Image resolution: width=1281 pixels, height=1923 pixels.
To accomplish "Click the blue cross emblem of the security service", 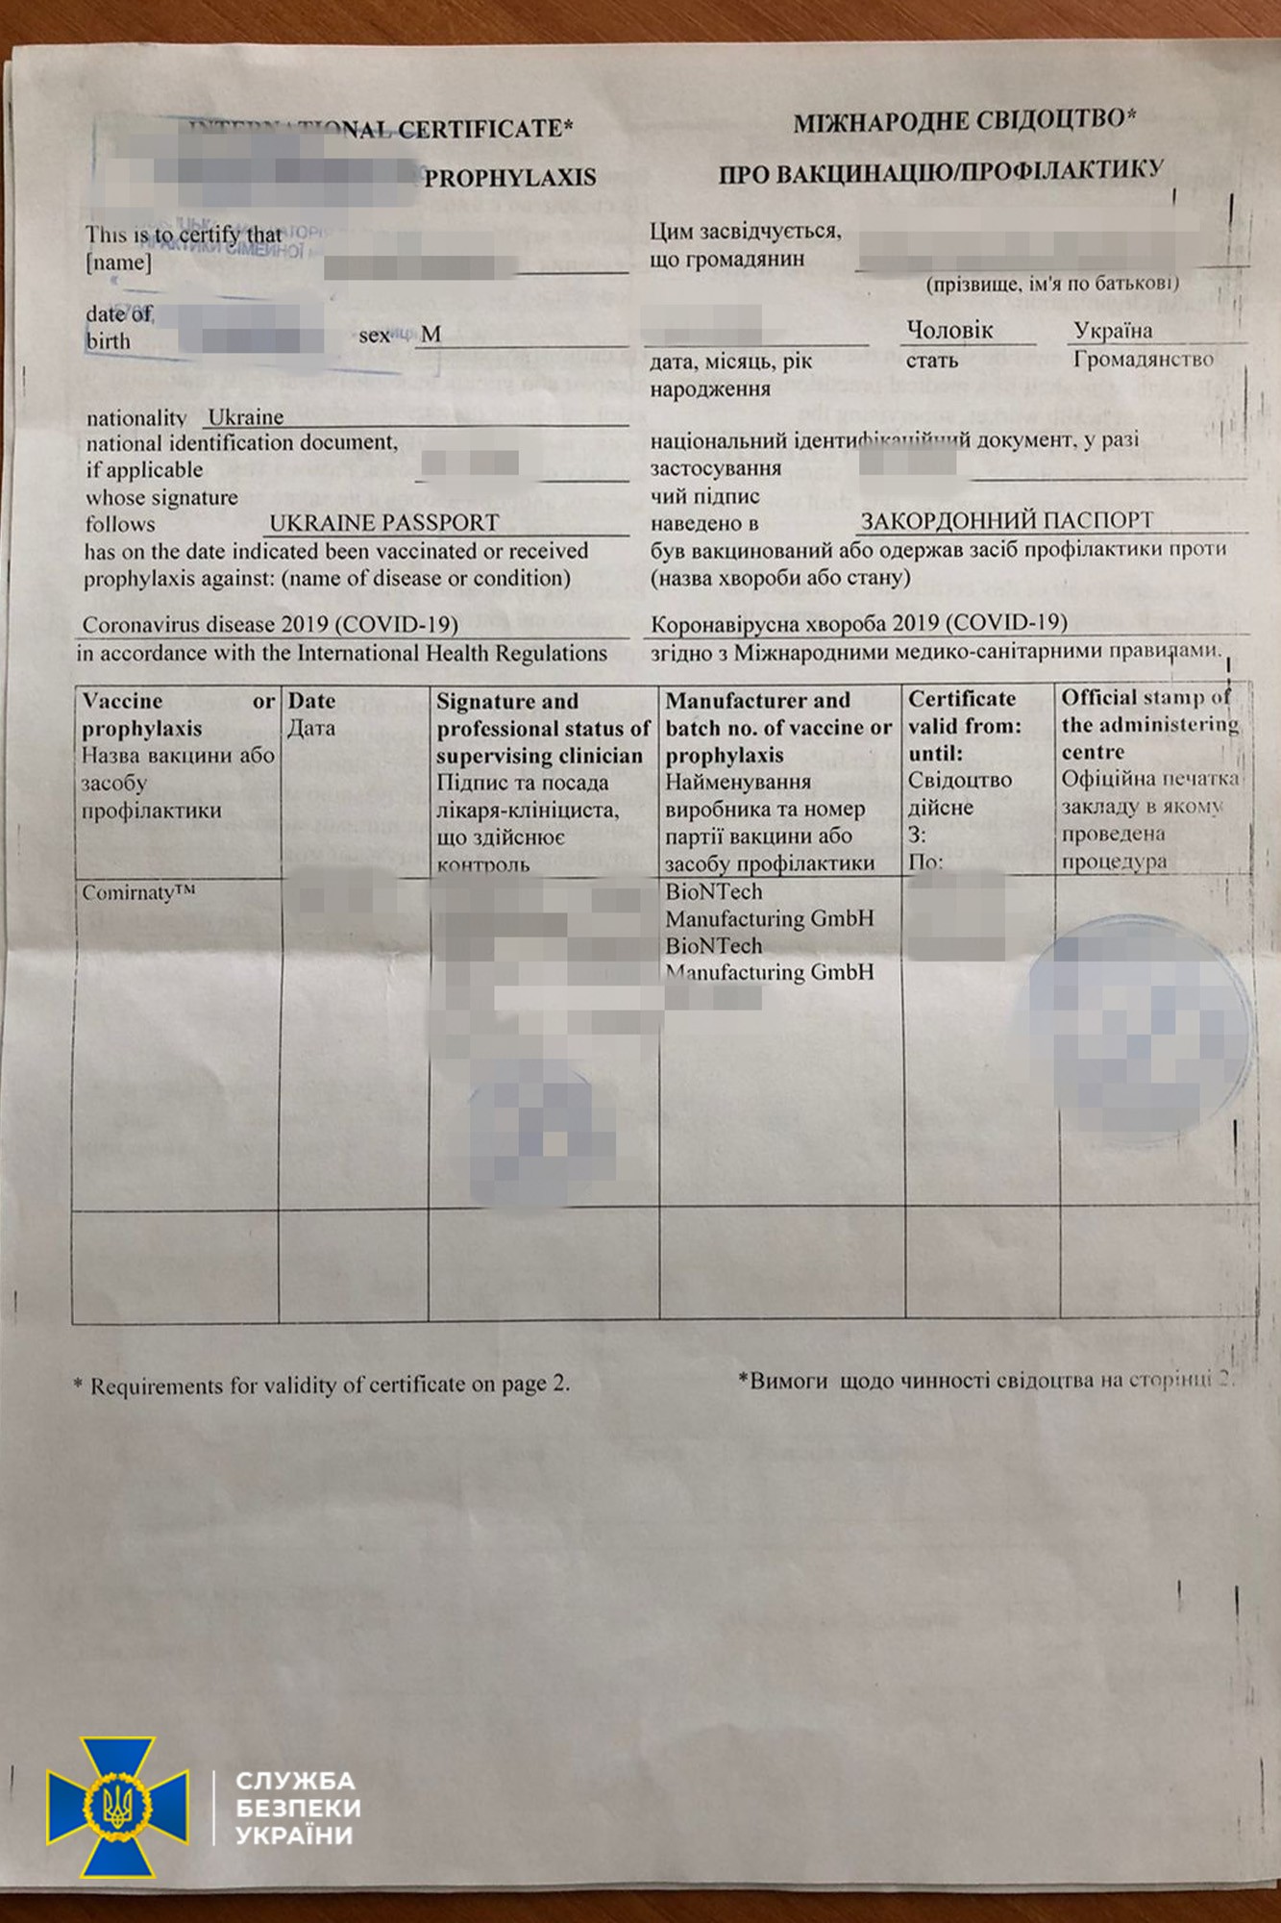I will point(117,1808).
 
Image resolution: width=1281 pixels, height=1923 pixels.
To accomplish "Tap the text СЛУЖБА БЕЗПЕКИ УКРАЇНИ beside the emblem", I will point(298,1809).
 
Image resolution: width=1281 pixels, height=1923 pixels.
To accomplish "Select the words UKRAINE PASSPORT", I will point(383,523).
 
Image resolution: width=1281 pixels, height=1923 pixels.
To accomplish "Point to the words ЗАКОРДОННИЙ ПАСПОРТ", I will point(1006,521).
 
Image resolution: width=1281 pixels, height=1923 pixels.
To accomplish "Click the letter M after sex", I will point(431,335).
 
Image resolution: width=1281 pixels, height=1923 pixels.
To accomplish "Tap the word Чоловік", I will point(949,331).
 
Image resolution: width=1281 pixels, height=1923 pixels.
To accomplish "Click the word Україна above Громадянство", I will point(1113,331).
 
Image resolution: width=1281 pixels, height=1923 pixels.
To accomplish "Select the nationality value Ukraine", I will point(246,417).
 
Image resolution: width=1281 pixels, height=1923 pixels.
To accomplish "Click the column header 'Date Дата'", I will point(312,714).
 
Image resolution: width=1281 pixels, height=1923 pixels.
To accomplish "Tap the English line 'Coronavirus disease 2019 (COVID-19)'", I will point(270,625).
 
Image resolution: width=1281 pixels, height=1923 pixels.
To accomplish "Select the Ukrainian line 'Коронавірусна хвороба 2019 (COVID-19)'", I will point(859,623).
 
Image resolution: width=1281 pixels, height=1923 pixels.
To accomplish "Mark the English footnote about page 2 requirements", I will point(322,1386).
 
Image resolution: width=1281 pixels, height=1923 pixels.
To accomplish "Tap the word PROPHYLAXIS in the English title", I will point(510,178).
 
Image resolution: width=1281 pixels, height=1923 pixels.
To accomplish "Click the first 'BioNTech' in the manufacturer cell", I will point(714,892).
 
